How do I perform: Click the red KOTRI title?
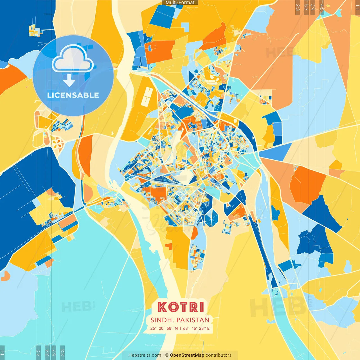click(x=181, y=307)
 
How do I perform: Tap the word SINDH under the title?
click(x=161, y=320)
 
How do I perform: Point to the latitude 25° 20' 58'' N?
click(x=164, y=328)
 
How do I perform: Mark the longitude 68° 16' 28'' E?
click(x=196, y=328)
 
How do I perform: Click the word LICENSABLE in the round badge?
click(x=73, y=95)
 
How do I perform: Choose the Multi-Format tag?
click(x=180, y=3)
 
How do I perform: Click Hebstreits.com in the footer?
click(x=145, y=355)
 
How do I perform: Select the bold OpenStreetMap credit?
click(x=187, y=355)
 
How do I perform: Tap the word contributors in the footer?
click(x=219, y=355)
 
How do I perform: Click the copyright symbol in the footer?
click(x=167, y=355)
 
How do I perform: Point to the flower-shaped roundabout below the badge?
click(x=57, y=143)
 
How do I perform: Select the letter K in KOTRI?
click(x=162, y=307)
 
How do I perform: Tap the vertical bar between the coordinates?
click(x=180, y=328)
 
